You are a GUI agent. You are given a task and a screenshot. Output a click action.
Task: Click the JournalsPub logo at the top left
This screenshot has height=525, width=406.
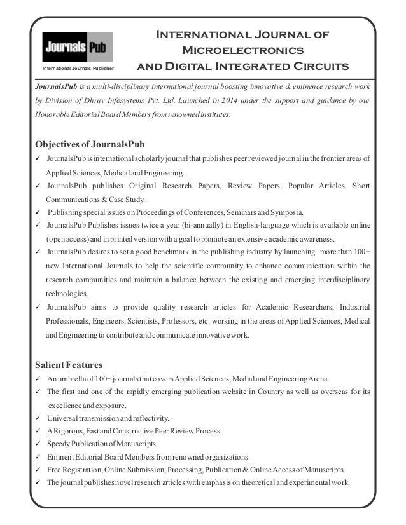(77, 47)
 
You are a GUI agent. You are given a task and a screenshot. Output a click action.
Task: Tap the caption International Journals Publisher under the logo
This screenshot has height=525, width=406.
(78, 67)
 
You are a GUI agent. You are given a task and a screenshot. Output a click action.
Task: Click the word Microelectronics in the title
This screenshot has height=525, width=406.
(242, 50)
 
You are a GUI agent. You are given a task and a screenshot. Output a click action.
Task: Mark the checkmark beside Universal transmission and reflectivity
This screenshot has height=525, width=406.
(39, 418)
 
